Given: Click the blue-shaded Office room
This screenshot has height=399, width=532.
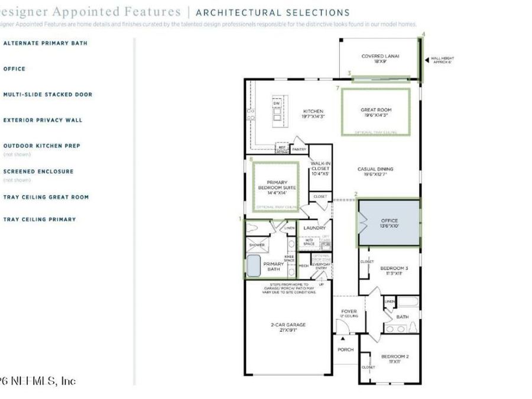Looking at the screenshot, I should tap(389, 223).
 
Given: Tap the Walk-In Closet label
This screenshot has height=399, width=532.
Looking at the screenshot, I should tap(320, 168).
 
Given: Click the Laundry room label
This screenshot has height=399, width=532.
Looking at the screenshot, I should tap(314, 228).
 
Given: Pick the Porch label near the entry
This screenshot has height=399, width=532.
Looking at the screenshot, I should tap(345, 349).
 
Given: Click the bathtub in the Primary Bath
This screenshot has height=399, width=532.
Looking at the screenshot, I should tap(253, 267).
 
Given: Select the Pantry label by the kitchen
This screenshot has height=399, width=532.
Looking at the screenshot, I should tap(299, 150).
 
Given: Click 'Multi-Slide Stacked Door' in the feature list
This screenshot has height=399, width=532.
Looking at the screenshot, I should tap(48, 95).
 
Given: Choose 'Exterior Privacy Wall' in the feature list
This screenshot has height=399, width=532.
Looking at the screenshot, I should tap(43, 120).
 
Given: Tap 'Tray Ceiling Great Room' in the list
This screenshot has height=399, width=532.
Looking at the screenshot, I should tap(46, 197).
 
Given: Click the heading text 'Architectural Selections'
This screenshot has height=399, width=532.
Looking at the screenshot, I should tap(273, 12).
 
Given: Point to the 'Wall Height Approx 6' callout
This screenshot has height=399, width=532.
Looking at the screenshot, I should tap(442, 60).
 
